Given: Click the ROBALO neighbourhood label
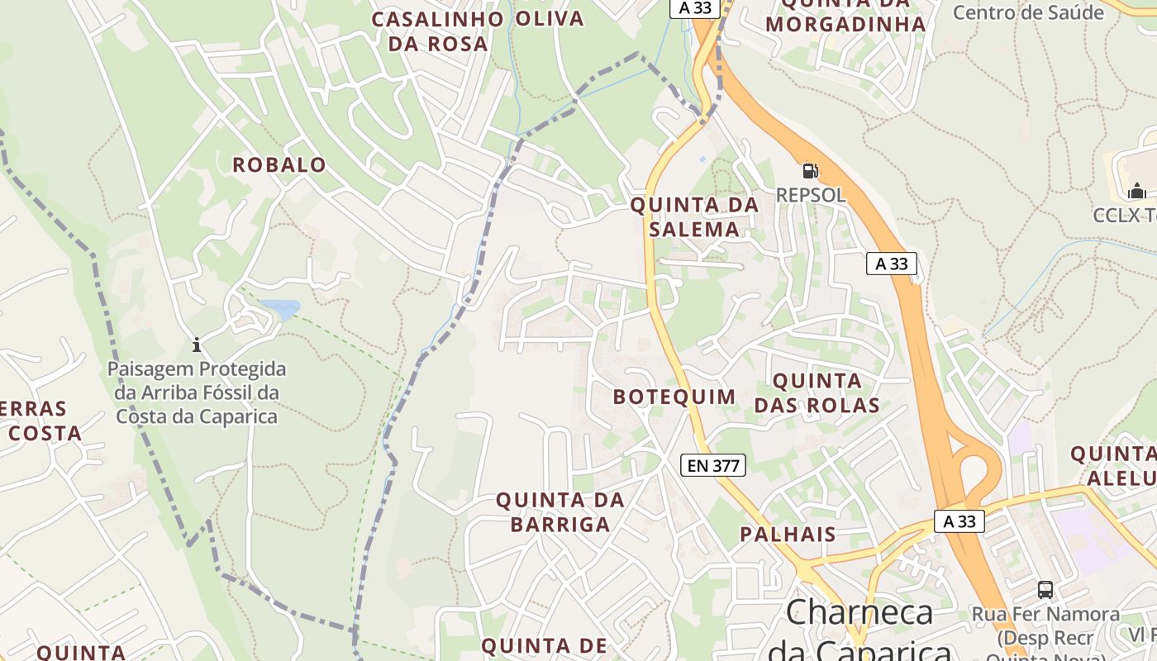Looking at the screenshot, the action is tap(279, 165).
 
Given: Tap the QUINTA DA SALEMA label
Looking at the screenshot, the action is tap(694, 216).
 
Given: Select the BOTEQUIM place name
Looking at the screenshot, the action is tap(674, 397).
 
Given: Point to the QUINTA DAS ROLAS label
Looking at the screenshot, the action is tap(817, 393).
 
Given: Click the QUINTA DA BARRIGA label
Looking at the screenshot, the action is tap(559, 511).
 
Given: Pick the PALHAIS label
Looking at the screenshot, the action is tap(788, 534).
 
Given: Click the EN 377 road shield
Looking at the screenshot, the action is tap(714, 465).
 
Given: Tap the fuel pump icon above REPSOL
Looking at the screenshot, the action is tap(810, 171).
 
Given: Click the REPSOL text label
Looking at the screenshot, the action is tap(810, 195).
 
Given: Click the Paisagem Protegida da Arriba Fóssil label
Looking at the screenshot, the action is tap(197, 392).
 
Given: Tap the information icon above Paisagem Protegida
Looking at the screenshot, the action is tap(197, 344).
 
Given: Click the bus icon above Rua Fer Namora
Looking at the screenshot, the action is tap(1045, 590).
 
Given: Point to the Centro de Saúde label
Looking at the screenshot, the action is tap(1028, 12).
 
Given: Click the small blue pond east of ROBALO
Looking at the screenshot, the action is tap(280, 310).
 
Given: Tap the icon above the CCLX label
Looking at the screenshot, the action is tap(1137, 192).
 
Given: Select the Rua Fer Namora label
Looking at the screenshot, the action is tap(1045, 615).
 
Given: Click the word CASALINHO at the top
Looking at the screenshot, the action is tap(437, 19).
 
